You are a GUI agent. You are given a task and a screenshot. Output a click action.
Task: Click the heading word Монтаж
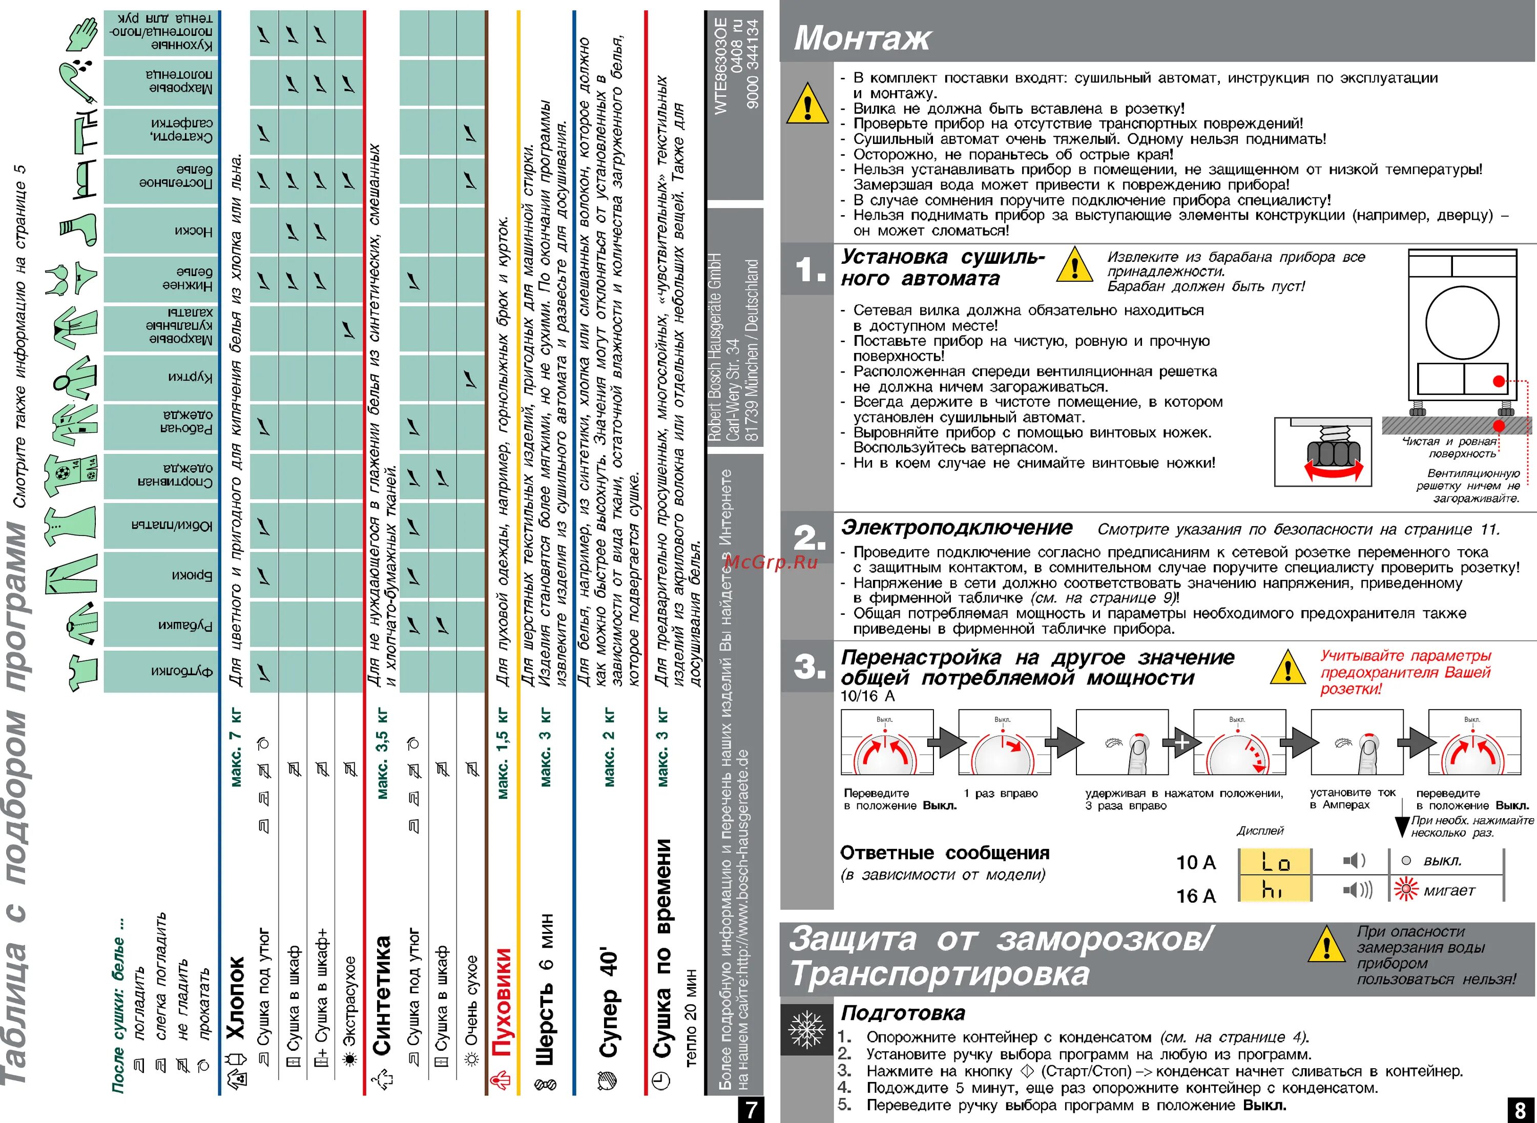861,37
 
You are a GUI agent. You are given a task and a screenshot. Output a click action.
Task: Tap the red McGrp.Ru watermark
771,562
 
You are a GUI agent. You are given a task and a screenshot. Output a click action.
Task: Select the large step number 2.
809,538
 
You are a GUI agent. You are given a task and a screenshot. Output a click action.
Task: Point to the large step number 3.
809,666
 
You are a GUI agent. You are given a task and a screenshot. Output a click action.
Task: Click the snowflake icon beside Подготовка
806,1029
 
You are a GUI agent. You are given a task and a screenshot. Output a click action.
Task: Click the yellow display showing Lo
1275,862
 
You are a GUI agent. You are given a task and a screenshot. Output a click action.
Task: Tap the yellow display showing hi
1275,888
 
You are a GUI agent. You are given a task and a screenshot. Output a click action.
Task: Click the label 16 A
1196,896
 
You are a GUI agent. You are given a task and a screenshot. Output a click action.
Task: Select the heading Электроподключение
957,528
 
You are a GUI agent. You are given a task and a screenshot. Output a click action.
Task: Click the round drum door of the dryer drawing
1462,322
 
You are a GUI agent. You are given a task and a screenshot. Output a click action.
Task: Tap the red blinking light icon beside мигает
1406,889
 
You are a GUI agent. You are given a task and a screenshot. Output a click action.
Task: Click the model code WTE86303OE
720,65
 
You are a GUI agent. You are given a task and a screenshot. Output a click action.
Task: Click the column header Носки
193,231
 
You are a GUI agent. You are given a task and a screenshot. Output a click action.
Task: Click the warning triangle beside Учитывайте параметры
1287,668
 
